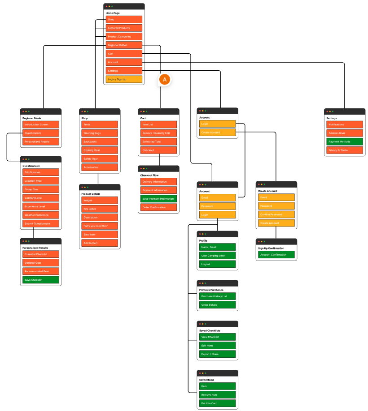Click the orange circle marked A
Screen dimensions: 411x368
(x=165, y=80)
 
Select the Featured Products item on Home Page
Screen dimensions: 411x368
(x=124, y=28)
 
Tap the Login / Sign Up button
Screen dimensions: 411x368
(x=124, y=79)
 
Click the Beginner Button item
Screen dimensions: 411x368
(x=124, y=45)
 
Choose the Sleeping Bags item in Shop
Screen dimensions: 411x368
(x=100, y=133)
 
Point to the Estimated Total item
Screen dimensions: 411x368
(x=158, y=142)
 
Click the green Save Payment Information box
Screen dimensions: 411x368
(x=158, y=199)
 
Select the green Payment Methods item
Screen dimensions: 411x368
(x=345, y=142)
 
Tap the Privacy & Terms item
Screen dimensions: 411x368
(x=345, y=150)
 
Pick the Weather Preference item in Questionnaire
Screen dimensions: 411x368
(x=41, y=215)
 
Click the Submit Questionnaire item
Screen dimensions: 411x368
(x=41, y=223)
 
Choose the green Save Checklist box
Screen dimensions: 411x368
(x=41, y=280)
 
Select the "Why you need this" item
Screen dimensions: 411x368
(x=100, y=226)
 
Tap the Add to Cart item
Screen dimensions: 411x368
(x=100, y=243)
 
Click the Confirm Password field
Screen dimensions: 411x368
(x=276, y=214)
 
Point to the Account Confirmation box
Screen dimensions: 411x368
(x=276, y=255)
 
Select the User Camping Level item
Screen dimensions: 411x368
(x=217, y=256)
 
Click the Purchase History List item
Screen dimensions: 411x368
(x=217, y=296)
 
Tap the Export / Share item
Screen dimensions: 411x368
(x=217, y=354)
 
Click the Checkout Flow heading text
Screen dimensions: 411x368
(x=150, y=175)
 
